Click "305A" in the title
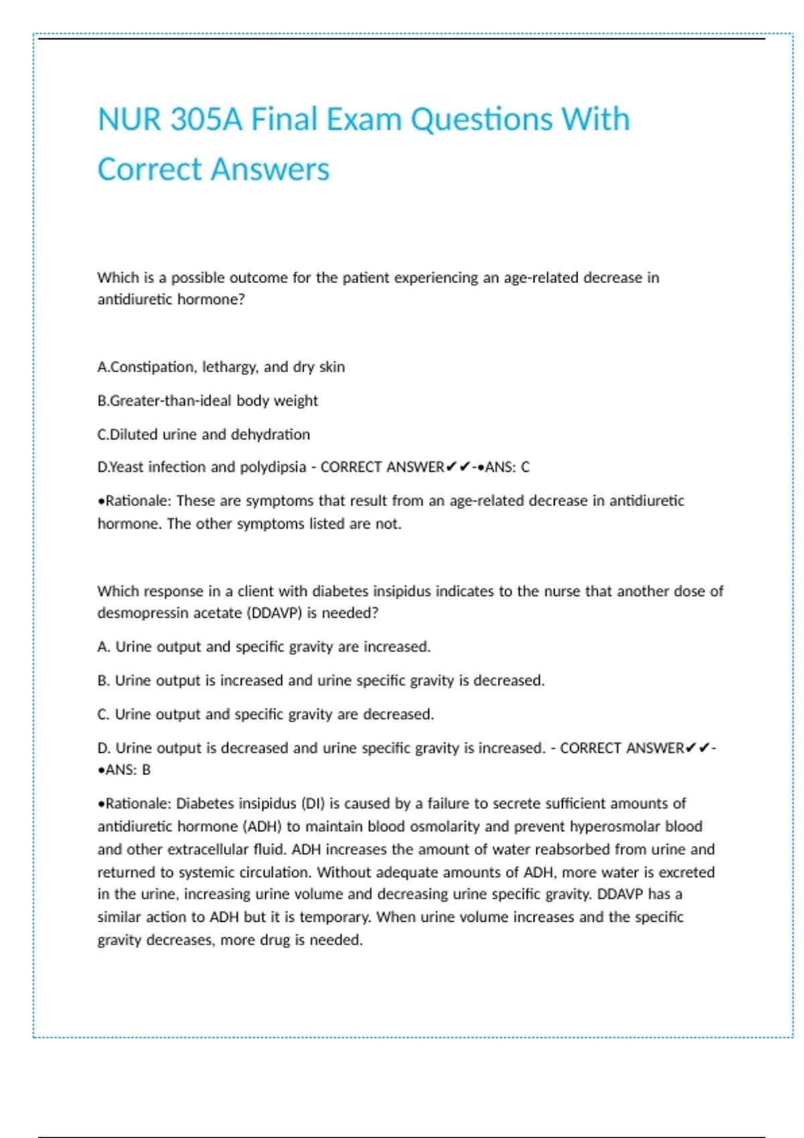206,120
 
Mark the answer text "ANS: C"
507,467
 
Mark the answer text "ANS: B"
127,770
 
